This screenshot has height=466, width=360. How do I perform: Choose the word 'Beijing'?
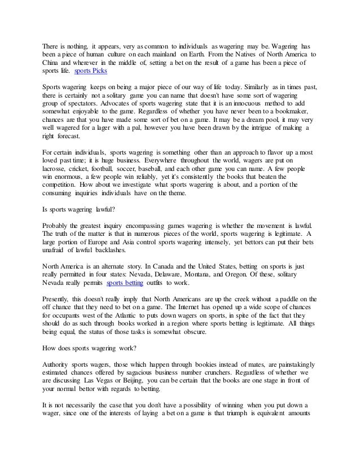click(x=142, y=379)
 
